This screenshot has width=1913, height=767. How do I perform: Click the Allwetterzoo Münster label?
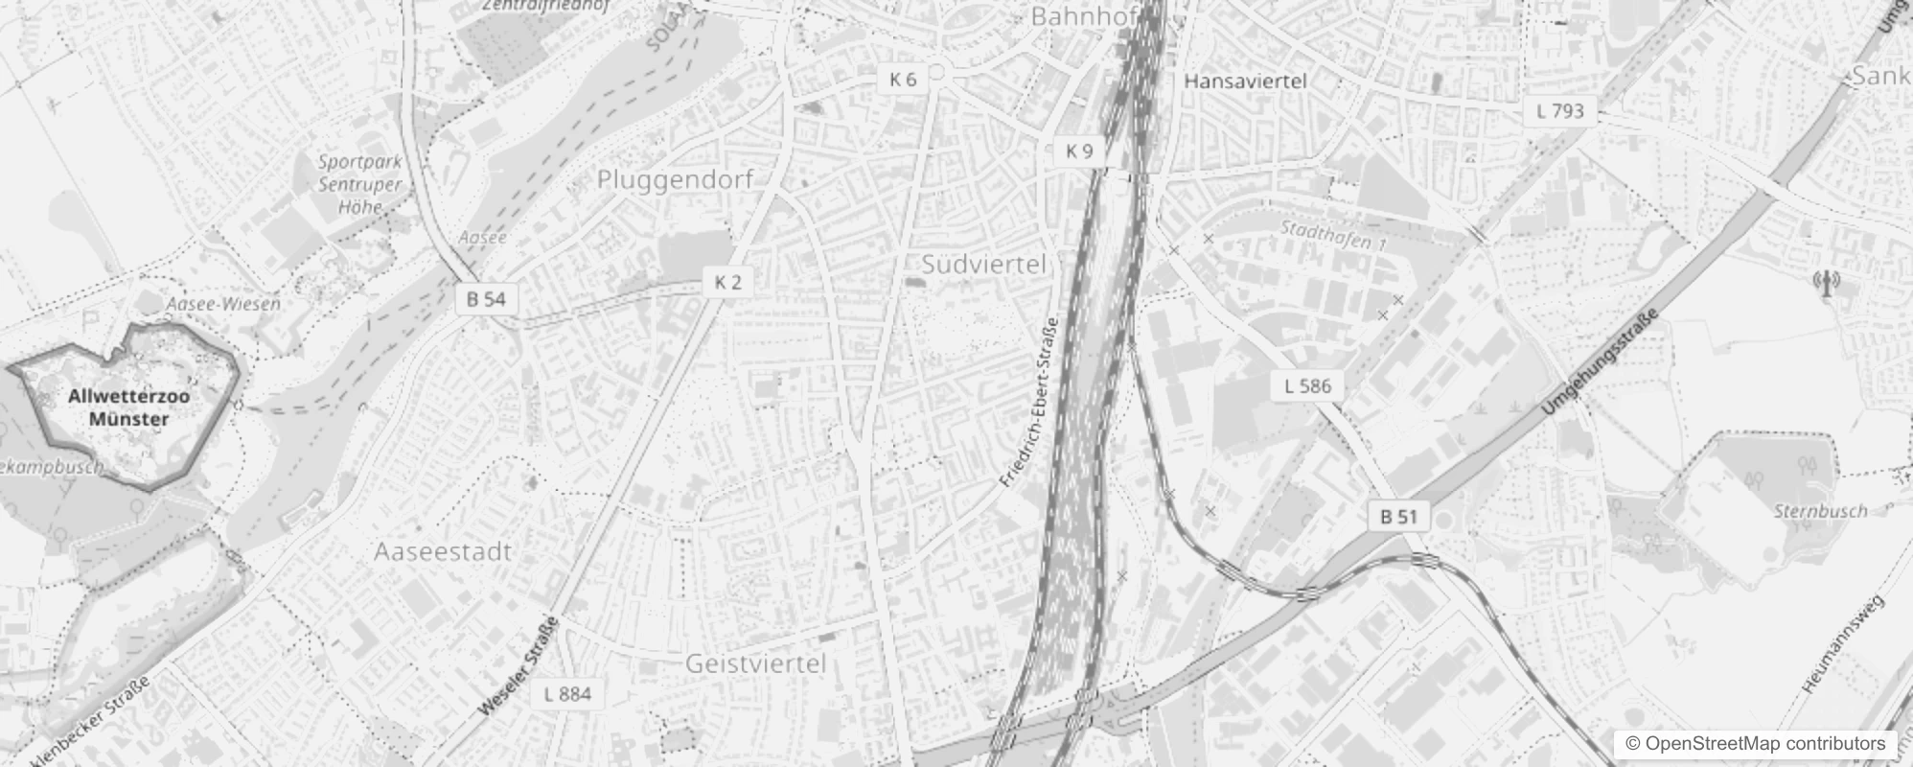(x=128, y=407)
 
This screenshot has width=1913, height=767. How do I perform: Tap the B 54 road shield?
(x=486, y=299)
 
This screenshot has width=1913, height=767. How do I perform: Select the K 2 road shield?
(x=727, y=282)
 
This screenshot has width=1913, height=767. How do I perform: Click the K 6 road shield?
(x=903, y=80)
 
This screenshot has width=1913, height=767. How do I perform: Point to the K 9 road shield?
(x=1078, y=151)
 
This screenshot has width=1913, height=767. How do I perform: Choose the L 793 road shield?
(x=1560, y=111)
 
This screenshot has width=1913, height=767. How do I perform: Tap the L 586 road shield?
(x=1307, y=386)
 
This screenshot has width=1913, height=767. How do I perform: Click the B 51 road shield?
(x=1398, y=517)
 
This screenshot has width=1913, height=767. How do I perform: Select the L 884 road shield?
(x=567, y=694)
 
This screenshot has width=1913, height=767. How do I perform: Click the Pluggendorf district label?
(x=675, y=179)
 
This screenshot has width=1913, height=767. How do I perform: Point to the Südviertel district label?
(x=983, y=265)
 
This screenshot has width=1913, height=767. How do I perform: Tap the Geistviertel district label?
(x=755, y=663)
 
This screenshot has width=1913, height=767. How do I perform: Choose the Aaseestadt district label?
(x=443, y=552)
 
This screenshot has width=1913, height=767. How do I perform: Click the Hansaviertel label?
(x=1245, y=81)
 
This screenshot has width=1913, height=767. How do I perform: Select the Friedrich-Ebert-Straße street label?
(x=1028, y=403)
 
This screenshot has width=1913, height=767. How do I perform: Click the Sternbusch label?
(x=1820, y=511)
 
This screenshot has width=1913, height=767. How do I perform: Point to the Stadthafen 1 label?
(x=1333, y=235)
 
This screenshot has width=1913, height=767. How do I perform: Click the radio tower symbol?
(x=1826, y=283)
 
